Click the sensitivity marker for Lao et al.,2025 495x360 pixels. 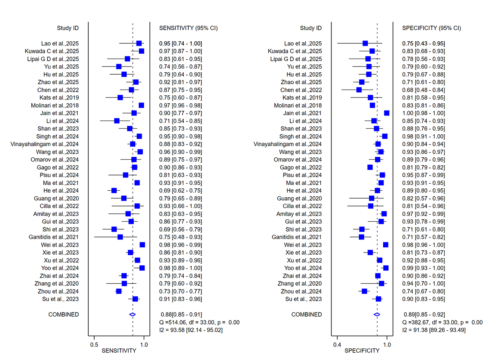139,43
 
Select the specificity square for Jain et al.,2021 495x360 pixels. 387,113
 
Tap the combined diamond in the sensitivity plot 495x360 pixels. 133,315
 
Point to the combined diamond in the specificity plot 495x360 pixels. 377,315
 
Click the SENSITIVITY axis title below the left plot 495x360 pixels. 119,351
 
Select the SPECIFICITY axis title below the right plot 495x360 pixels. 362,351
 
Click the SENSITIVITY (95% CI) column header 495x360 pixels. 188,28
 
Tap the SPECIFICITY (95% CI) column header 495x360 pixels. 431,28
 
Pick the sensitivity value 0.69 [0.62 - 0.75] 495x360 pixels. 180,191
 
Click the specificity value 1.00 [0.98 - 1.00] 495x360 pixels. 424,113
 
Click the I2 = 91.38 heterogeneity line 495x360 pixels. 434,330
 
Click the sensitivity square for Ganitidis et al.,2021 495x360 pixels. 120,237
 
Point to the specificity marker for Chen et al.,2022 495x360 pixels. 359,90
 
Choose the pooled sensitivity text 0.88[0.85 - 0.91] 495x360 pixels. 180,315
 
